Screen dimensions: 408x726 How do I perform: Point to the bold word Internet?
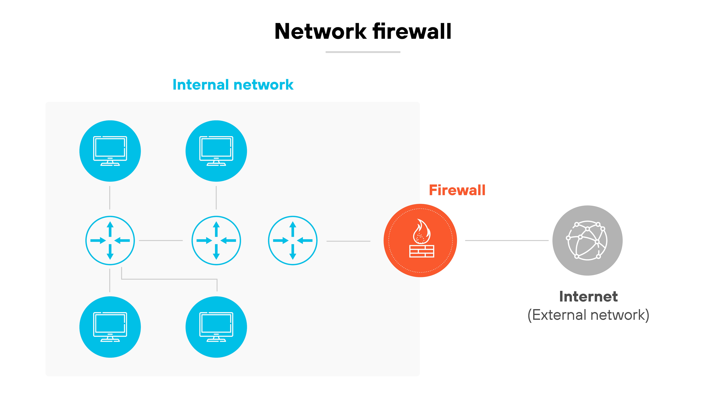click(x=588, y=296)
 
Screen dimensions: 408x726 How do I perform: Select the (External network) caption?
click(x=588, y=315)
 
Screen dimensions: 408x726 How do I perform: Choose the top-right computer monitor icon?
click(x=216, y=151)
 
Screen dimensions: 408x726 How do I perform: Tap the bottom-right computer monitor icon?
click(x=216, y=327)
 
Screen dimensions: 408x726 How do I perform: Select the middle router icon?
click(x=216, y=240)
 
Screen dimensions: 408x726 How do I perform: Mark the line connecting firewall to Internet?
click(x=506, y=240)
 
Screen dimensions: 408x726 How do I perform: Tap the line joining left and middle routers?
click(x=161, y=240)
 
